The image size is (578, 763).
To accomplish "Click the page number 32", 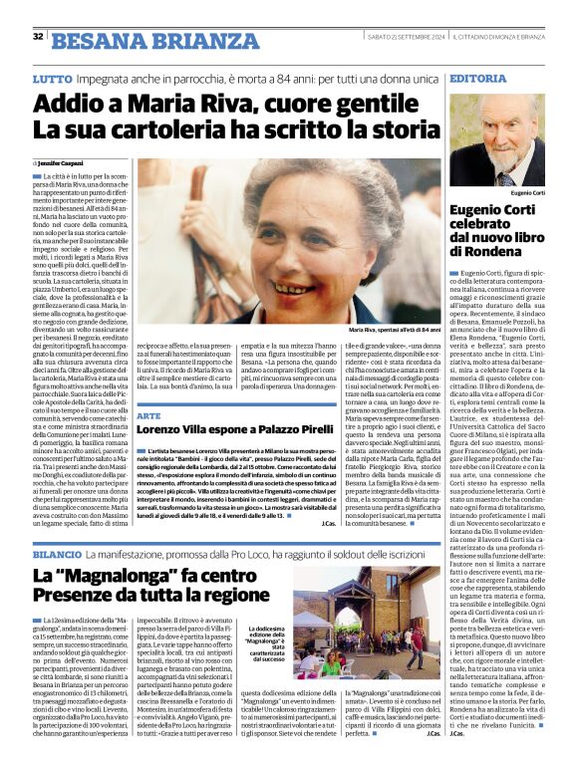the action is pyautogui.click(x=37, y=36).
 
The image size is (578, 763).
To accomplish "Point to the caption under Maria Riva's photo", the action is pyautogui.click(x=394, y=329).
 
